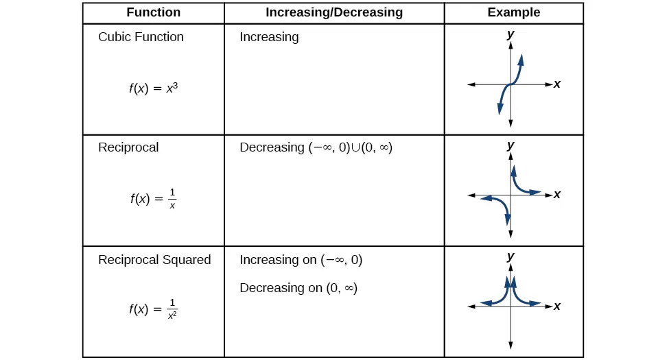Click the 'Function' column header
click(x=153, y=12)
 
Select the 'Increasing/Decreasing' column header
click(x=334, y=12)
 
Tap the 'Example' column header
click(x=513, y=12)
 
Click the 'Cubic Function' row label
click(x=141, y=37)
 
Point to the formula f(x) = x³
click(x=154, y=88)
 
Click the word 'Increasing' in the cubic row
click(x=269, y=37)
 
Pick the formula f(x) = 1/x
click(x=153, y=199)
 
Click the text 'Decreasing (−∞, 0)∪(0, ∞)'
click(x=316, y=147)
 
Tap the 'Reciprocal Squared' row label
click(x=154, y=260)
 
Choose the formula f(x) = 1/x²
click(x=154, y=309)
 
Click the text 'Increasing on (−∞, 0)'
click(x=301, y=260)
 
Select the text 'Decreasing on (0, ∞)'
click(x=298, y=288)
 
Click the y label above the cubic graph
click(x=510, y=34)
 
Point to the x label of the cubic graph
click(x=557, y=84)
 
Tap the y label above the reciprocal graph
click(x=510, y=145)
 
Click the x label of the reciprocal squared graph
click(x=557, y=306)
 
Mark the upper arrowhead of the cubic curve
click(x=521, y=60)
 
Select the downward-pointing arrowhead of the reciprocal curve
click(x=508, y=219)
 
